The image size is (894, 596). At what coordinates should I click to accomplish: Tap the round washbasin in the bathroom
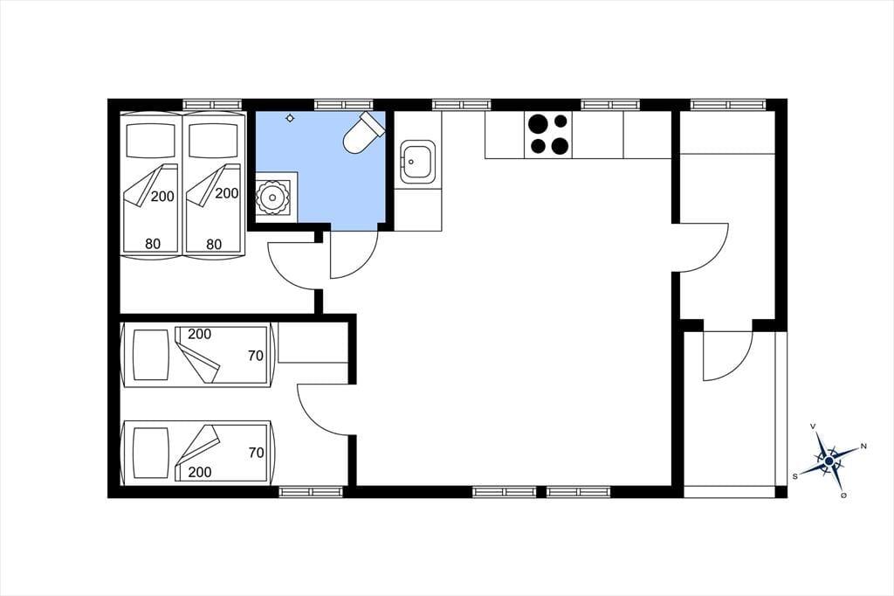pos(271,198)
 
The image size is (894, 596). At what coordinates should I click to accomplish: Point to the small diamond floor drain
pos(290,118)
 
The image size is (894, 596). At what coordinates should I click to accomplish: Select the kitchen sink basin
pos(417,162)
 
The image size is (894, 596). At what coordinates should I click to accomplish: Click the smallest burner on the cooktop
pos(561,121)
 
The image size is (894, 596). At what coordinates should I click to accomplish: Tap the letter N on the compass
pos(863,446)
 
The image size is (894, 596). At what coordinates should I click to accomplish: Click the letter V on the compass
pos(813,426)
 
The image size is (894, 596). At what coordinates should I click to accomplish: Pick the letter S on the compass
pos(794,476)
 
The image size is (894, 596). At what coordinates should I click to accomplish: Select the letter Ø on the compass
pos(843,495)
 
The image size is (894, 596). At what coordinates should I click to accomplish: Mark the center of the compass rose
pos(829,461)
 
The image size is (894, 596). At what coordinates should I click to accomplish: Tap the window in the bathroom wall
pos(343,105)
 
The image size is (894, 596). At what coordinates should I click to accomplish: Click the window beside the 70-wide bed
pos(311,491)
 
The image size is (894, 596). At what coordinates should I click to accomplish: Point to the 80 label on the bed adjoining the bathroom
pos(214,245)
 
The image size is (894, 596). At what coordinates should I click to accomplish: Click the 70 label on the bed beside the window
pos(256,453)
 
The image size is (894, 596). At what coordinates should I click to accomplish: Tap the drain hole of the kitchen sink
pos(411,162)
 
